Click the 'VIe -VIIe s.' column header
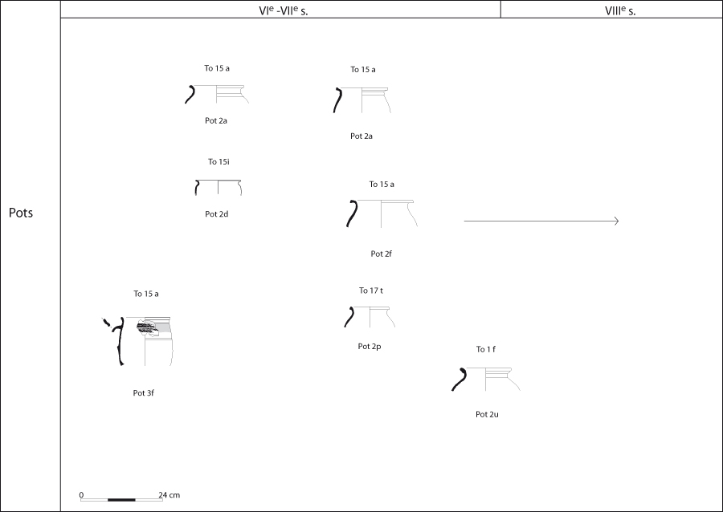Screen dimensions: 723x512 pos(284,10)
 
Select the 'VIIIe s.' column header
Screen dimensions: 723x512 pos(620,10)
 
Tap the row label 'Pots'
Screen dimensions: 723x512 pos(21,213)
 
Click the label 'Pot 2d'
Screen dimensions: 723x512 pos(217,214)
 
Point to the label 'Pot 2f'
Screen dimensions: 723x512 pos(382,254)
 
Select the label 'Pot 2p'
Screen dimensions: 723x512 pos(370,347)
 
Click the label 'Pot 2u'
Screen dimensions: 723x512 pos(487,414)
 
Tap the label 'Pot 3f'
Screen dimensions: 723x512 pos(144,393)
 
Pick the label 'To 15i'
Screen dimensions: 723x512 pos(219,161)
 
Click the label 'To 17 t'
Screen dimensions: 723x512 pos(371,291)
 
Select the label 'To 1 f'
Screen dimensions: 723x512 pos(485,349)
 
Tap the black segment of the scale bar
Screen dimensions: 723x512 pos(122,500)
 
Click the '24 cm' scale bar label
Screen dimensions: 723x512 pos(170,495)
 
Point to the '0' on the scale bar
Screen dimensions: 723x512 pos(82,495)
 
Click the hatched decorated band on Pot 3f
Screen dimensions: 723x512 pos(147,328)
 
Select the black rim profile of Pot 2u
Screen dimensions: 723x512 pos(460,380)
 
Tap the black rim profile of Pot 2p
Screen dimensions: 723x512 pos(350,317)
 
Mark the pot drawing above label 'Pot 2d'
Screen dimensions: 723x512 pos(218,188)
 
